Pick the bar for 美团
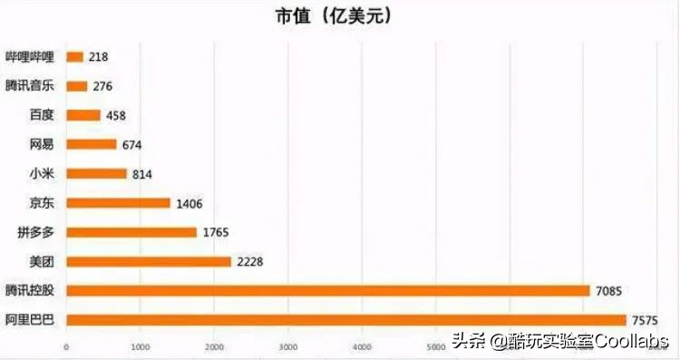tap(149, 261)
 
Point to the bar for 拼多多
tap(131, 232)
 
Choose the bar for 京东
tap(118, 203)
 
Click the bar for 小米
tap(96, 173)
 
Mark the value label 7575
tap(644, 320)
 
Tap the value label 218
tap(98, 57)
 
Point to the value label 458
tap(115, 115)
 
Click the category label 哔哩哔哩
tap(31, 57)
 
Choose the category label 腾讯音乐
tap(31, 86)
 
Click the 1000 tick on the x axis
tap(140, 347)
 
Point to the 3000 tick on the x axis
tap(288, 347)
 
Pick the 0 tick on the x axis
tap(66, 347)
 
